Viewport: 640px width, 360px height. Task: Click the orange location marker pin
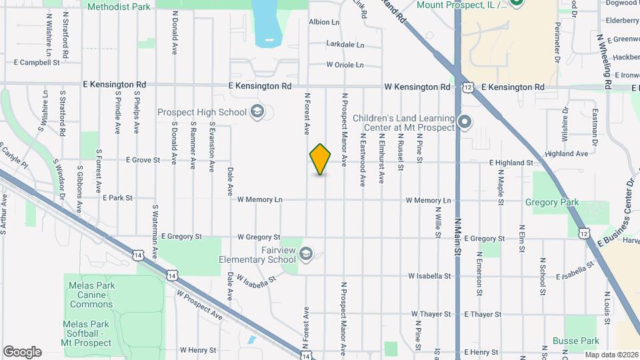point(321,159)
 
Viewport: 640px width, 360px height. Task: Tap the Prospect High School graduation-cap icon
point(258,112)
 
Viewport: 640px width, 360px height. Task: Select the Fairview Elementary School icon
point(306,253)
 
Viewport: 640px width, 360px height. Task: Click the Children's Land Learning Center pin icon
point(465,123)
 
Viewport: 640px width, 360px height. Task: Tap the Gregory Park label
point(551,203)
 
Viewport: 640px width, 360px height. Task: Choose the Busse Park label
point(581,340)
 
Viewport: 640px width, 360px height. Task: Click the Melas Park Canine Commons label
point(91,295)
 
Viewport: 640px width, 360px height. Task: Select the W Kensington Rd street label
point(417,87)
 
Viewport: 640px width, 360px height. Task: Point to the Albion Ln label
point(324,22)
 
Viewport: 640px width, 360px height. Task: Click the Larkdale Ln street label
point(345,45)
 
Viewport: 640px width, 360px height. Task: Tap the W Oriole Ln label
point(345,65)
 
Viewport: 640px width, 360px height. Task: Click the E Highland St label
point(511,163)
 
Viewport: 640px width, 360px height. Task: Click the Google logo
point(22,352)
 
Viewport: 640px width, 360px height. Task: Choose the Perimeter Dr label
point(557,41)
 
